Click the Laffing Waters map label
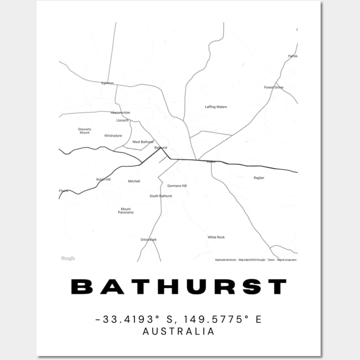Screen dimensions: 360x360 click(216, 107)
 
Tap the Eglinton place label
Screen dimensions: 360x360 click(107, 83)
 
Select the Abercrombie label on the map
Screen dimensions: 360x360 click(120, 113)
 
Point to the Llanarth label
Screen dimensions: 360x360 click(122, 121)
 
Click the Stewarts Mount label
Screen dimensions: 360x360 click(85, 131)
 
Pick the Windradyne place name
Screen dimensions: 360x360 click(113, 136)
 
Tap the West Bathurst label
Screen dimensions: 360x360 click(143, 142)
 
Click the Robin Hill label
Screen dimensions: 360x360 click(103, 179)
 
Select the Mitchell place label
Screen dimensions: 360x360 click(134, 181)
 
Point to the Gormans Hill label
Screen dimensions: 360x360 click(177, 186)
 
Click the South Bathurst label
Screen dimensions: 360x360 click(161, 196)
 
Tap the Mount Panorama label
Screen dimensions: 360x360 click(126, 211)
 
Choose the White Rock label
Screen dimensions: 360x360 click(216, 237)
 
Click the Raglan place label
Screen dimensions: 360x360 click(259, 178)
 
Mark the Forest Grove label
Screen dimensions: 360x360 click(274, 87)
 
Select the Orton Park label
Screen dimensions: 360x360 click(149, 239)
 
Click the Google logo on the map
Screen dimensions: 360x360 click(68, 258)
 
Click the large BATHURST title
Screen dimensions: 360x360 click(179, 287)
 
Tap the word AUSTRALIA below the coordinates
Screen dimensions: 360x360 click(179, 331)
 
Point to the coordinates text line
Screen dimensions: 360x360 click(179, 319)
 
